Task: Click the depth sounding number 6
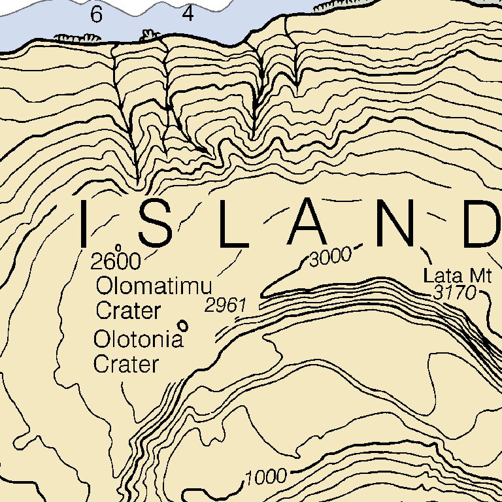[x=97, y=15]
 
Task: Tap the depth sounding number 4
[x=188, y=14]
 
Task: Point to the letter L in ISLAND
[x=233, y=224]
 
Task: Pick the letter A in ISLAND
[x=308, y=224]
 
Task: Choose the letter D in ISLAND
[x=480, y=224]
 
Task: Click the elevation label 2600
[x=116, y=262]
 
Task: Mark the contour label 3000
[x=331, y=258]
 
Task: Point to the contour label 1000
[x=267, y=477]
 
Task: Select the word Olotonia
[x=138, y=340]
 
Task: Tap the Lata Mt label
[x=457, y=275]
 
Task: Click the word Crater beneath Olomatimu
[x=128, y=310]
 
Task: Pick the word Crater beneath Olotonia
[x=126, y=364]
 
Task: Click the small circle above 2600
[x=118, y=248]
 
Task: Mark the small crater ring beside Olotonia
[x=183, y=324]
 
